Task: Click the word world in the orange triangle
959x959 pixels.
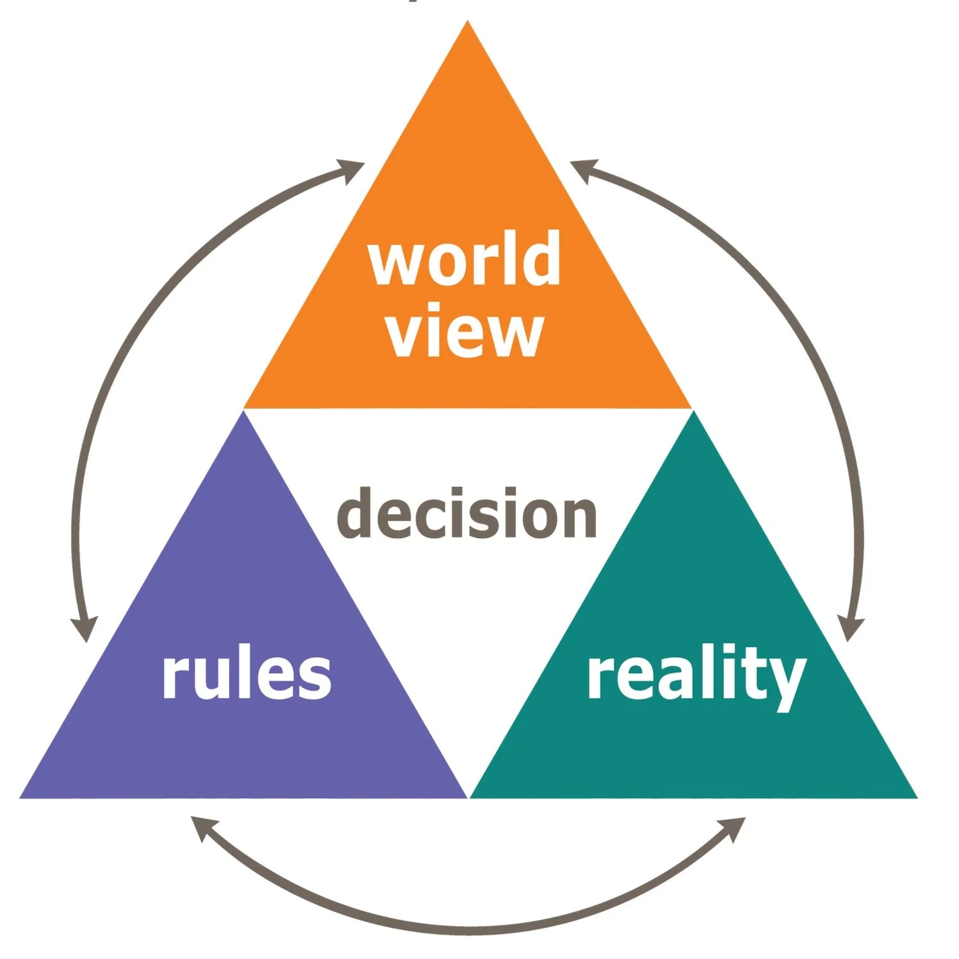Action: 464,259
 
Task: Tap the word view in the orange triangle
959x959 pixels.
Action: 464,333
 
